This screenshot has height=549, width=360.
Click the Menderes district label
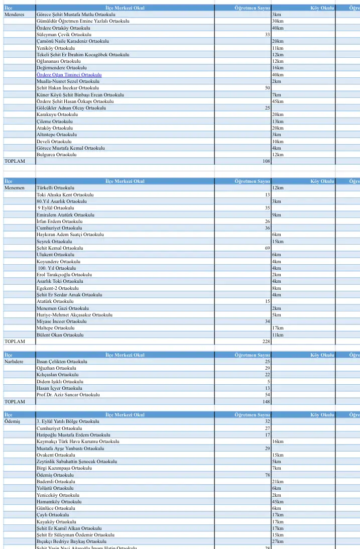[14, 15]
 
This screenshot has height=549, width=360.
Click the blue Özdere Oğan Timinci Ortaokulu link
[69, 74]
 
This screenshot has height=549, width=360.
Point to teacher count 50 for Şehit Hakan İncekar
[267, 88]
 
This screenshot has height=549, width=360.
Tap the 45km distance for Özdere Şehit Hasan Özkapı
[277, 101]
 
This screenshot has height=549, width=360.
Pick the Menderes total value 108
[267, 161]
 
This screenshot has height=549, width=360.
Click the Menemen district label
[14, 188]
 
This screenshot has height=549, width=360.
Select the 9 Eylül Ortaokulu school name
[56, 208]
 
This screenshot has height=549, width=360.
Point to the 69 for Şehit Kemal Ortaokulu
[267, 248]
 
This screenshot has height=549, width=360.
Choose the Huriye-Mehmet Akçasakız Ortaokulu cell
[74, 314]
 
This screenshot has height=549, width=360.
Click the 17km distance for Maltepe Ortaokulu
[277, 328]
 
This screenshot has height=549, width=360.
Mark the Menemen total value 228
[266, 342]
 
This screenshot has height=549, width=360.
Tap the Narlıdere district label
[15, 362]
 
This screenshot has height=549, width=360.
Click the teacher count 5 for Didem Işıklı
[269, 382]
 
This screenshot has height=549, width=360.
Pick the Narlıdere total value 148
[266, 402]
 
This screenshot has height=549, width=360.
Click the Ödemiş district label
[12, 421]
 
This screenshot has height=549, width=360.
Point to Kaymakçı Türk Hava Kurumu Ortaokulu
[78, 442]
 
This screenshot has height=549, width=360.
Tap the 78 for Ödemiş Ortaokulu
[267, 475]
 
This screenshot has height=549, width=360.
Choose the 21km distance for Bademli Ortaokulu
[277, 481]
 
